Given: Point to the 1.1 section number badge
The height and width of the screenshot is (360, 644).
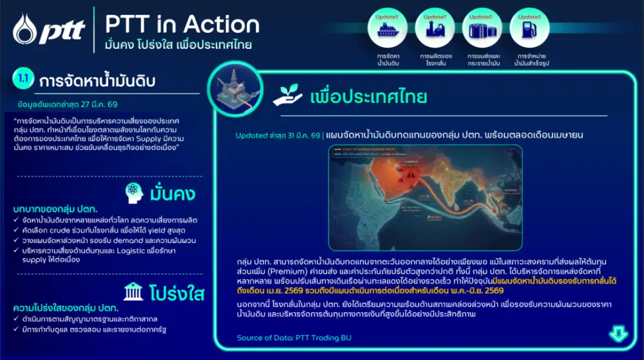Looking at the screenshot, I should [x=23, y=81].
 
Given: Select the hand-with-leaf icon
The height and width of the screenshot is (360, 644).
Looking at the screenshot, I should [x=287, y=96].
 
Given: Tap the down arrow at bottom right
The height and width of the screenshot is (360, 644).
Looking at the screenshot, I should [x=618, y=334].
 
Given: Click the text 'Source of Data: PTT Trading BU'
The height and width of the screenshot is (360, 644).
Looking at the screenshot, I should [x=294, y=337].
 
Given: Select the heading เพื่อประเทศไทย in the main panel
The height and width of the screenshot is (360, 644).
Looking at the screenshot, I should [x=368, y=97].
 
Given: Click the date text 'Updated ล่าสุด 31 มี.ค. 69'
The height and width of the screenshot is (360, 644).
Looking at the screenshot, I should [x=278, y=135].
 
